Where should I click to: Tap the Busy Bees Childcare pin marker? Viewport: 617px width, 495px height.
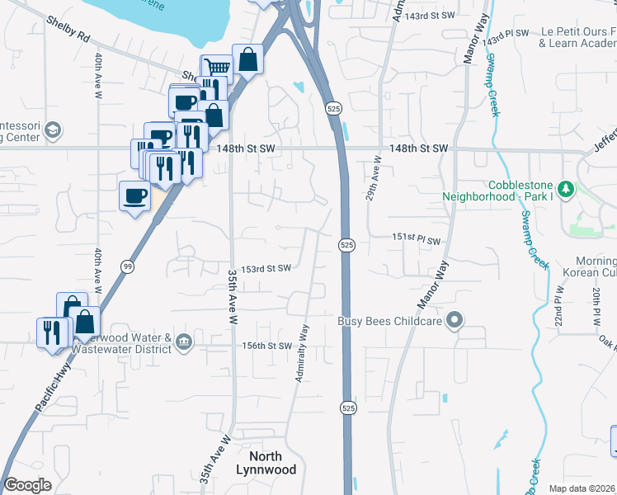click(453, 320)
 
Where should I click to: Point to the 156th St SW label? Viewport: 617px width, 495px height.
click(267, 346)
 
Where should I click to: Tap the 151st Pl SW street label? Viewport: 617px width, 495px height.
click(416, 238)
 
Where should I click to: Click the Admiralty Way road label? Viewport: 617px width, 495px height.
click(303, 353)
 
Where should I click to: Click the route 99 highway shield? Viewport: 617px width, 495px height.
click(127, 266)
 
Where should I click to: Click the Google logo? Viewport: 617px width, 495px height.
click(27, 485)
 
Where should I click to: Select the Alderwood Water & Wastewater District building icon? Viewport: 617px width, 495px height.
click(183, 341)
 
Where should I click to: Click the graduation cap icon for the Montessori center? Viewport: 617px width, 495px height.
click(53, 130)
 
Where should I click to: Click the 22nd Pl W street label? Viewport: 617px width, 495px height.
click(558, 304)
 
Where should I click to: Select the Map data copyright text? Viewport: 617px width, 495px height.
click(582, 488)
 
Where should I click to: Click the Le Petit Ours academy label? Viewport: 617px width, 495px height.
click(577, 36)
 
